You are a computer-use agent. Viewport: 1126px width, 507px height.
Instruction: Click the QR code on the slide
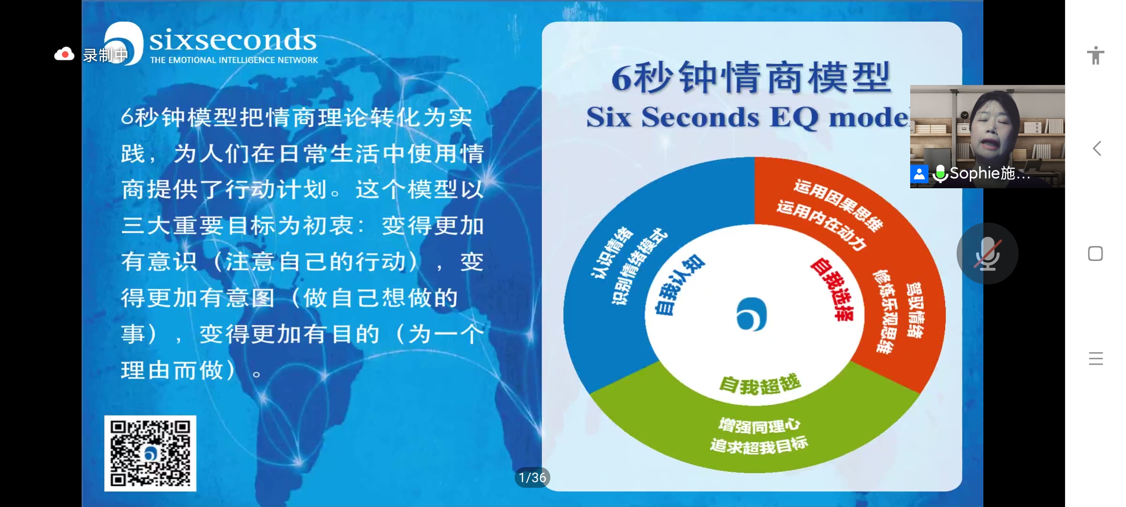pos(150,453)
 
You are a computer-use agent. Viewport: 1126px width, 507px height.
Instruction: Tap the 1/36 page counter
pos(533,478)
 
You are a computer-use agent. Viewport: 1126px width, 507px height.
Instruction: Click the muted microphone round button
pos(988,253)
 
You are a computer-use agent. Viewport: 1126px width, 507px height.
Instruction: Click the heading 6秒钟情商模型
pos(751,77)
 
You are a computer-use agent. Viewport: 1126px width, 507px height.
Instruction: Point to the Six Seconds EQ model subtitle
pos(748,117)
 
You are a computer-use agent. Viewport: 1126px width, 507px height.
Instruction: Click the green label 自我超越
pos(760,384)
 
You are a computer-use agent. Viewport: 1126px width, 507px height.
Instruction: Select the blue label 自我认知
pos(678,284)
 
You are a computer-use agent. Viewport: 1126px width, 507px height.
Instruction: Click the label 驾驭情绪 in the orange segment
pos(914,310)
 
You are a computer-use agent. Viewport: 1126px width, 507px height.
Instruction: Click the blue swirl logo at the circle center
pos(752,314)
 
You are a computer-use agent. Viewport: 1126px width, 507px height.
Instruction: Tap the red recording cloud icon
pos(64,54)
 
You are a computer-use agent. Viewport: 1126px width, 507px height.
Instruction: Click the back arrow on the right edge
pos(1097,148)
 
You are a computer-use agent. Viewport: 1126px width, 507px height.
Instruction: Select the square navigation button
pos(1096,253)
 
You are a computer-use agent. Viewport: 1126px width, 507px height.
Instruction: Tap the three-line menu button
pos(1096,358)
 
